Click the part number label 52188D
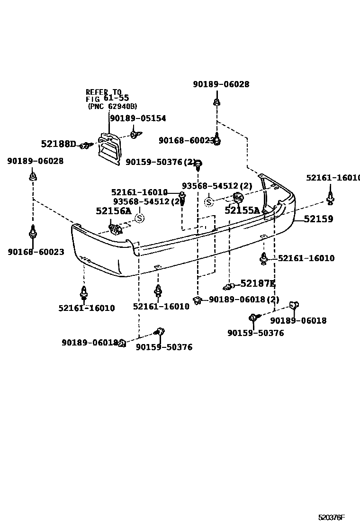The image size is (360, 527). click(x=58, y=144)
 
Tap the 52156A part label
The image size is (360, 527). click(x=113, y=211)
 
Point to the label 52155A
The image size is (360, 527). click(x=242, y=210)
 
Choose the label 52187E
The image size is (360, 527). click(x=258, y=283)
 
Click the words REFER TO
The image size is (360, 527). click(x=103, y=92)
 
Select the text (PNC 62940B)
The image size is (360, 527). click(x=113, y=107)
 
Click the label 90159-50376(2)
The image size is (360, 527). click(x=161, y=163)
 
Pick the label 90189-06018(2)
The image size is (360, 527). click(x=243, y=300)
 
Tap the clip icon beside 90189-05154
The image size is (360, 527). click(x=134, y=135)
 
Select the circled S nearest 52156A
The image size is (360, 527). click(x=139, y=218)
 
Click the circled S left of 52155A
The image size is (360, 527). click(x=208, y=202)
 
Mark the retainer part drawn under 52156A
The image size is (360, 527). click(x=116, y=230)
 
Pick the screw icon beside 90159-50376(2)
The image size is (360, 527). click(x=199, y=164)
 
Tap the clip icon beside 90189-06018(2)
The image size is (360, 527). click(x=198, y=300)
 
